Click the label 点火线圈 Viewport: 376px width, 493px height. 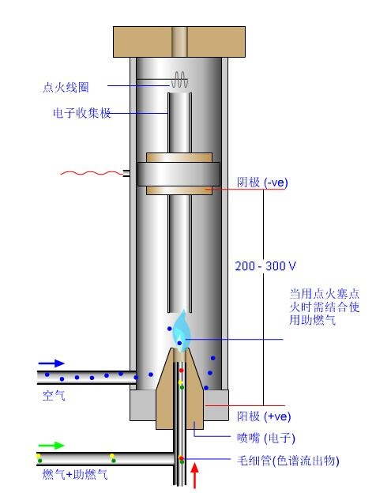click(66, 87)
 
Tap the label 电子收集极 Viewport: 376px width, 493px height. click(81, 113)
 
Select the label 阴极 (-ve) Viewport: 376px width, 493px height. click(262, 182)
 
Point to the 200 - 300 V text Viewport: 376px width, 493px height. click(265, 266)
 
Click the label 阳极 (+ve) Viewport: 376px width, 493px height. click(264, 416)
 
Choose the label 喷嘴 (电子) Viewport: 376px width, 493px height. click(266, 438)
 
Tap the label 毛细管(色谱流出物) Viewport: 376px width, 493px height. click(288, 461)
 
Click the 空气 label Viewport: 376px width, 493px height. click(54, 395)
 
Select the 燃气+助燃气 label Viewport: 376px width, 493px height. click(75, 474)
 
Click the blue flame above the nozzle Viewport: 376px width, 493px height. click(180, 332)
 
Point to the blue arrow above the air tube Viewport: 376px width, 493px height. click(51, 363)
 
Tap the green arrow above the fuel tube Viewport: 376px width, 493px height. click(51, 446)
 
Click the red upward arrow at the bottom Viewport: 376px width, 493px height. click(195, 476)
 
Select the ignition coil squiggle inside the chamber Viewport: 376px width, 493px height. click(179, 80)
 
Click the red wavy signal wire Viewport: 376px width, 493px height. click(92, 173)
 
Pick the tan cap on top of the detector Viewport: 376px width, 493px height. click(179, 42)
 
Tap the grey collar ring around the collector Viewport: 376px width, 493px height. click(179, 174)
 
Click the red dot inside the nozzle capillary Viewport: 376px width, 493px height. click(182, 371)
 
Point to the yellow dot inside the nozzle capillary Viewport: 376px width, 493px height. click(180, 382)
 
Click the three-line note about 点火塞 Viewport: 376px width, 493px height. click(325, 307)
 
